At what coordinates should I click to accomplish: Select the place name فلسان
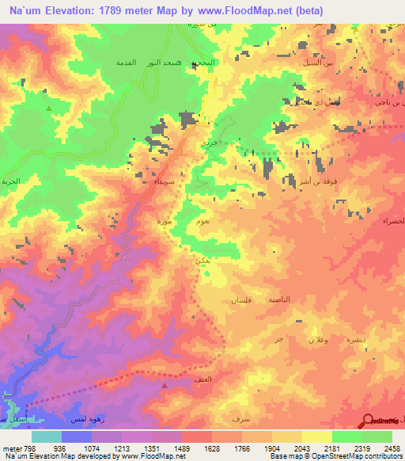click(x=240, y=301)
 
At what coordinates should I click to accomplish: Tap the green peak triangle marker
click(x=49, y=108)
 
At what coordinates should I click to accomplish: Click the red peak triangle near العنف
click(x=165, y=385)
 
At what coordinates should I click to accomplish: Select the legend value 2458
click(x=392, y=448)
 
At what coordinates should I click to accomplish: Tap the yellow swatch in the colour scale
click(x=317, y=436)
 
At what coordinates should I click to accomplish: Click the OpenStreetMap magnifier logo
click(x=367, y=421)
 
